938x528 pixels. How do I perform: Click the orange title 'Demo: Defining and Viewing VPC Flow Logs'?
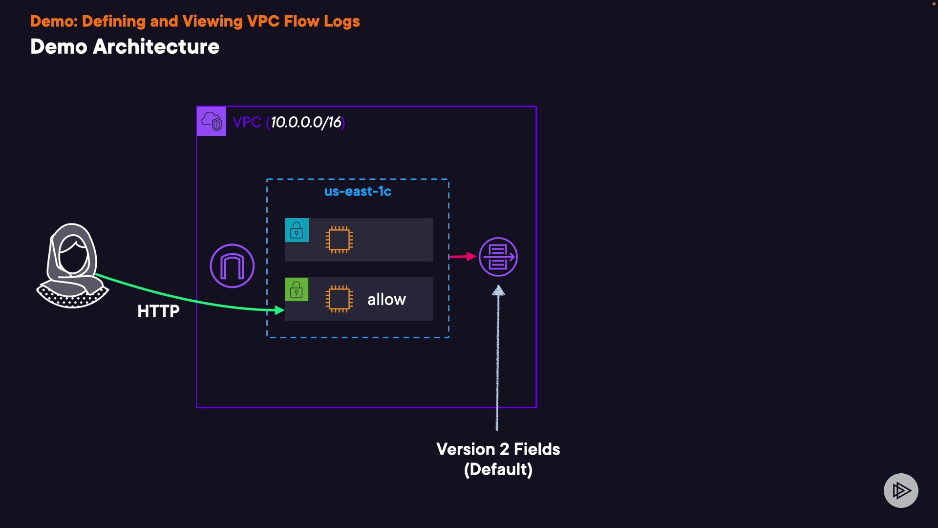[195, 22]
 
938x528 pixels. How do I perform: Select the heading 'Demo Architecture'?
[125, 47]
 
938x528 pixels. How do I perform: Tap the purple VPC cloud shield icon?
[212, 121]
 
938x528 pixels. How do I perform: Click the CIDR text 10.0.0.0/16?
[306, 122]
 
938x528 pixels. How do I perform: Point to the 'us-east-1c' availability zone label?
[358, 191]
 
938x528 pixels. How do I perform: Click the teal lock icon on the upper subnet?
[297, 230]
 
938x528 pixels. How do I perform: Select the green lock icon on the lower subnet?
[297, 289]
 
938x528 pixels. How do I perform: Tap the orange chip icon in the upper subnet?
[339, 240]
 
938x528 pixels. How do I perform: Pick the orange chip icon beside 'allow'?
[339, 299]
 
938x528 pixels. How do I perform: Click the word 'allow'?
[386, 299]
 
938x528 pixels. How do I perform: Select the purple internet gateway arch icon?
[232, 266]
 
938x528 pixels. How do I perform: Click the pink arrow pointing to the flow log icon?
[463, 256]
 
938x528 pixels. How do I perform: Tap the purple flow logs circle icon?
[498, 257]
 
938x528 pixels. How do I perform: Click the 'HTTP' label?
[158, 311]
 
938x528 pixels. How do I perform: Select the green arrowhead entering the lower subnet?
[280, 310]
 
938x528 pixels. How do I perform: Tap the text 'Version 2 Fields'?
[498, 449]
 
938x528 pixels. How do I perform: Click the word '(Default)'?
[498, 469]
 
